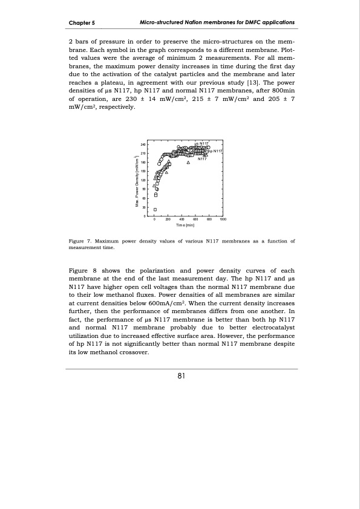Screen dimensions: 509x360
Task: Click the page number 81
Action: [x=180, y=376]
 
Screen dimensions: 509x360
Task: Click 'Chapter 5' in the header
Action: [x=82, y=22]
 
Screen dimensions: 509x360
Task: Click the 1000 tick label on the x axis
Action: [x=223, y=220]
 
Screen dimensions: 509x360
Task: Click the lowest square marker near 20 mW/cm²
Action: [x=155, y=209]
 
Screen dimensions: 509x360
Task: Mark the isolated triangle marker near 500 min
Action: [x=188, y=163]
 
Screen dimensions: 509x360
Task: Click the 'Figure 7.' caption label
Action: [x=82, y=241]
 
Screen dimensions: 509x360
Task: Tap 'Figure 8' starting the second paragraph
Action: [x=82, y=270]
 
